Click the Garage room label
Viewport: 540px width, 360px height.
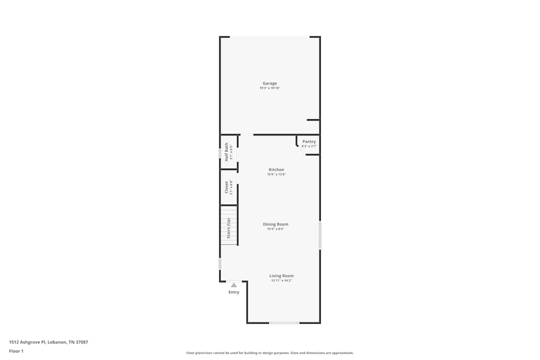[x=270, y=83]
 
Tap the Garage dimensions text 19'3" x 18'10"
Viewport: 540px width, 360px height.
[x=270, y=88]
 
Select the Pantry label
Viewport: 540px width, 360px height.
[x=309, y=141]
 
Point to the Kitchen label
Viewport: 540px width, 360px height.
[x=276, y=169]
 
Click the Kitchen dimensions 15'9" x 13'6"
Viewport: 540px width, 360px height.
[x=276, y=174]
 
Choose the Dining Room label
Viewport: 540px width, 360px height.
[x=275, y=224]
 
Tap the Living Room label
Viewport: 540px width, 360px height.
[x=281, y=276]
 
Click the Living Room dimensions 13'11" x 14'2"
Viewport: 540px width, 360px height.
[x=281, y=281]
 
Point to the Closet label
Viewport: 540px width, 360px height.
[x=226, y=187]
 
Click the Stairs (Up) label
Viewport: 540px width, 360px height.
[x=228, y=228]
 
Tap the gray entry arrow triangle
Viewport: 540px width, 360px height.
[x=234, y=285]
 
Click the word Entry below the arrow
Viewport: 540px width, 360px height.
[x=234, y=292]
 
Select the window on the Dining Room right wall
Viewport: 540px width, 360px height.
[x=320, y=235]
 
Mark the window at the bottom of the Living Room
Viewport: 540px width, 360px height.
[x=284, y=323]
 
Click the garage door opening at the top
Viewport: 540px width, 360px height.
[x=269, y=37]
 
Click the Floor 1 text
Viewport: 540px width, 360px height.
[x=16, y=351]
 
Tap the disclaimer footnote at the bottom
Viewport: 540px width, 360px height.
[x=270, y=353]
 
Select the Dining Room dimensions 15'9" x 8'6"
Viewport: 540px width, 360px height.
[x=275, y=229]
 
